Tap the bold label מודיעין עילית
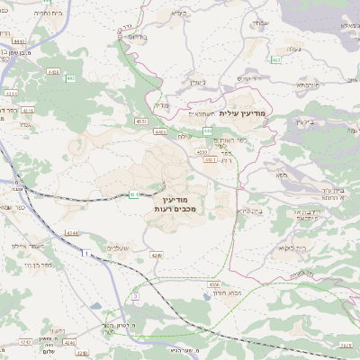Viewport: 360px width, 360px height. [243, 114]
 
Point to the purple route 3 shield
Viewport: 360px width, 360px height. [135, 295]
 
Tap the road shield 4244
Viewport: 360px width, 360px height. [71, 233]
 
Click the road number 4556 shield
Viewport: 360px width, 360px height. [214, 284]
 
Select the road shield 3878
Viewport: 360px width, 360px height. [346, 344]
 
